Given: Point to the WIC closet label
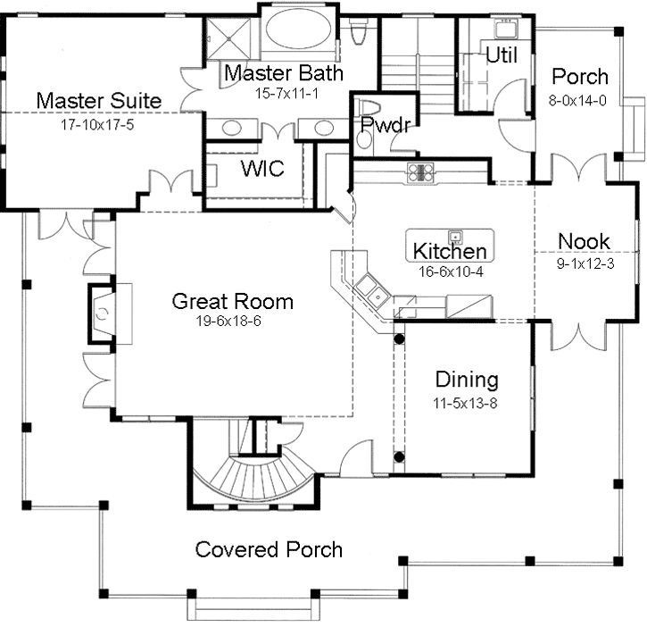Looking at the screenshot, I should click(x=263, y=168).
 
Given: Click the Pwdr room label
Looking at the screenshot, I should click(x=385, y=125).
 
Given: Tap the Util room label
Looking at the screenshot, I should click(x=502, y=54).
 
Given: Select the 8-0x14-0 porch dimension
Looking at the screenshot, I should click(x=579, y=101).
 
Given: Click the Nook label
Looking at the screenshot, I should click(x=584, y=240).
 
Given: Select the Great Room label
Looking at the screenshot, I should click(x=232, y=301).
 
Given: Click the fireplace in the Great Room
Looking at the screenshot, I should click(x=103, y=312).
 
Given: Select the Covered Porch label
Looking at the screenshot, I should click(x=269, y=548).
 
